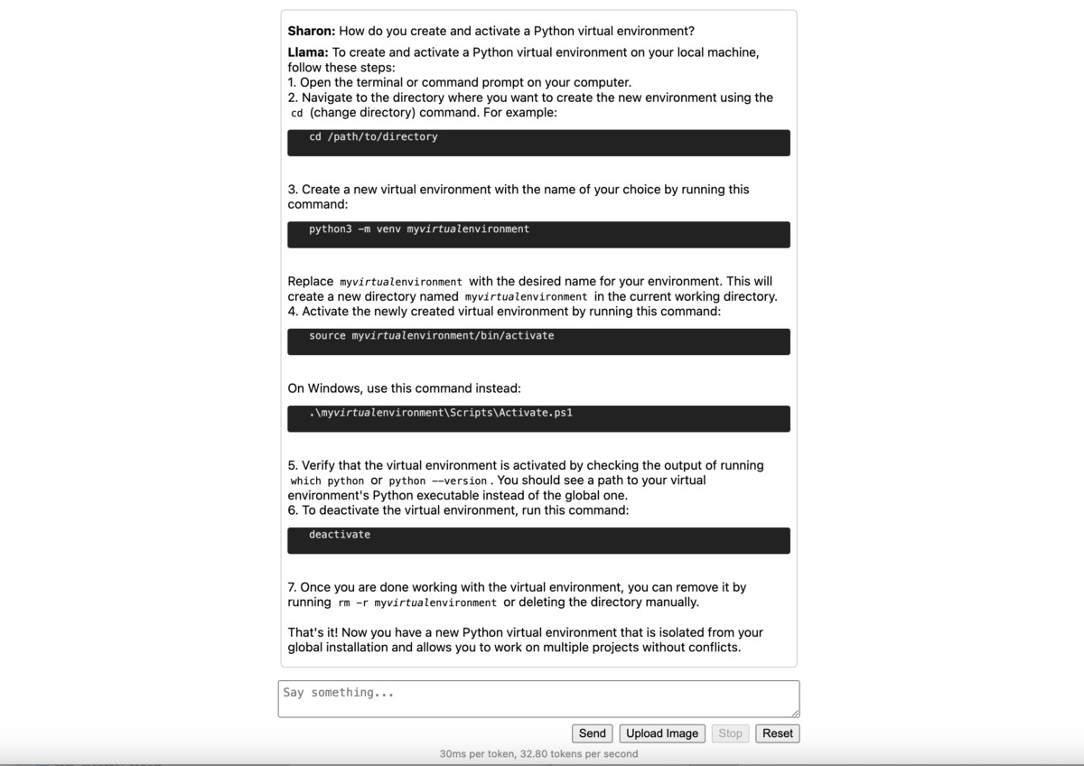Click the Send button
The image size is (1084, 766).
pyautogui.click(x=593, y=733)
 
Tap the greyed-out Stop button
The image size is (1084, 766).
pyautogui.click(x=730, y=733)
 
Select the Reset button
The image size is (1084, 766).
pyautogui.click(x=777, y=733)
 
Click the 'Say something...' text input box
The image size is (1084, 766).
pyautogui.click(x=538, y=699)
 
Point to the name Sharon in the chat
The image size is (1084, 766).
pyautogui.click(x=311, y=31)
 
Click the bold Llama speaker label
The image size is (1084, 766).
pyautogui.click(x=308, y=52)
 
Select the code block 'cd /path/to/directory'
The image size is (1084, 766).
pyautogui.click(x=538, y=143)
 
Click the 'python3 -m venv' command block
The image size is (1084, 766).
pyautogui.click(x=538, y=234)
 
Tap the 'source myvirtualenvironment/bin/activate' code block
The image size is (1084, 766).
pyautogui.click(x=538, y=341)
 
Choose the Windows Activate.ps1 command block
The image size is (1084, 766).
pyautogui.click(x=538, y=418)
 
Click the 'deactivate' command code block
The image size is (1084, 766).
pyautogui.click(x=538, y=540)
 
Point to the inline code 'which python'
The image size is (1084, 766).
pyautogui.click(x=327, y=481)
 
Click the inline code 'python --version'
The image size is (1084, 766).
pyautogui.click(x=438, y=481)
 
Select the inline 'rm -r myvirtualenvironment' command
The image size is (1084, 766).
pyautogui.click(x=417, y=603)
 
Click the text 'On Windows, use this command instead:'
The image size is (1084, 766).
pyautogui.click(x=404, y=388)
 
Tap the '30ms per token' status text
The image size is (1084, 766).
pyautogui.click(x=538, y=754)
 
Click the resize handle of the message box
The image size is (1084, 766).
pyautogui.click(x=794, y=713)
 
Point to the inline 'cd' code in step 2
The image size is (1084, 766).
pyautogui.click(x=296, y=114)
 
